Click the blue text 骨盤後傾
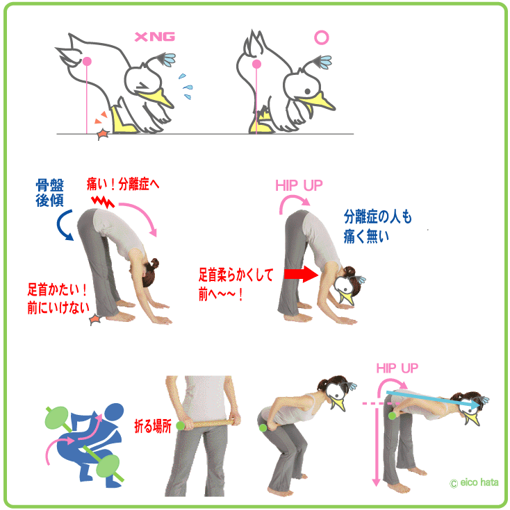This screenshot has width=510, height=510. click(49, 193)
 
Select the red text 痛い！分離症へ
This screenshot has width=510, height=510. click(123, 184)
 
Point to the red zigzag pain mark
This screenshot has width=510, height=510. click(103, 201)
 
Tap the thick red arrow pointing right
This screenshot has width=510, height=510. click(301, 274)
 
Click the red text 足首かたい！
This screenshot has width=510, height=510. click(57, 289)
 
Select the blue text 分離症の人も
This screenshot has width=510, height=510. click(378, 216)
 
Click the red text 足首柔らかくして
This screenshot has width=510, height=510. click(236, 275)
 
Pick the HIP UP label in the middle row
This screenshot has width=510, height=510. click(299, 185)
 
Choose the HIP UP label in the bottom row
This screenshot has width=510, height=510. click(397, 368)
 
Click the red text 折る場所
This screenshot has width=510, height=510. click(153, 426)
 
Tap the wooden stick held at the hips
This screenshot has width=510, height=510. click(208, 424)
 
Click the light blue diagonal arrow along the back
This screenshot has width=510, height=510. click(432, 399)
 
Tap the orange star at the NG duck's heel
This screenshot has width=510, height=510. click(104, 134)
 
